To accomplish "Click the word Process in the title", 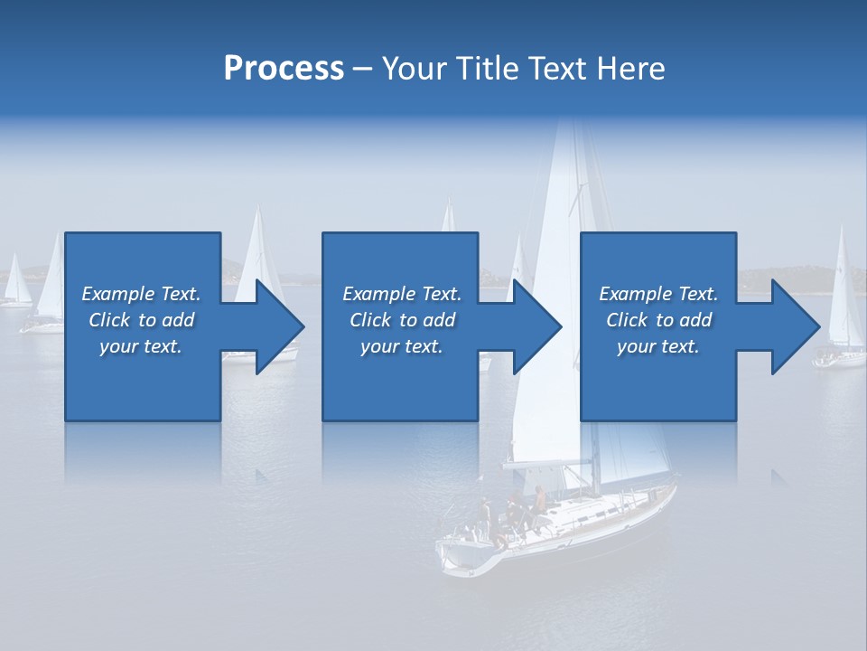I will point(284,69).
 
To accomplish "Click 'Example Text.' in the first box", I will point(141,294).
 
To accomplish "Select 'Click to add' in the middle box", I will point(402,320).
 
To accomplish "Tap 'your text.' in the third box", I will point(657,346).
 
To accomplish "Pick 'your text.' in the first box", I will point(141,346).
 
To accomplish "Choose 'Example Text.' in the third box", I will point(658,294).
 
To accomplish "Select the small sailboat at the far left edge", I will point(15,285).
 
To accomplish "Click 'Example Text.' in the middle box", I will point(402,294).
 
